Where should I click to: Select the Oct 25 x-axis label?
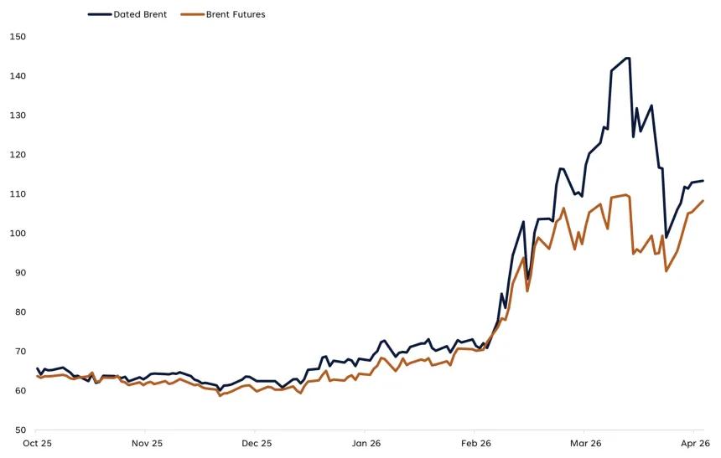pyautogui.click(x=38, y=443)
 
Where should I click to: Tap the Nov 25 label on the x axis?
pyautogui.click(x=147, y=443)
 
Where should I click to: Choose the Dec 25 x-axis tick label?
pyautogui.click(x=257, y=443)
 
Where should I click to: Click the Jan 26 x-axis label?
pyautogui.click(x=366, y=443)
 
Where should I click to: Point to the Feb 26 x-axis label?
pyautogui.click(x=475, y=443)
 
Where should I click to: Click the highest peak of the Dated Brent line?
pyautogui.click(x=627, y=58)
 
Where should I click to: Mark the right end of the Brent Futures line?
pyautogui.click(x=703, y=200)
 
